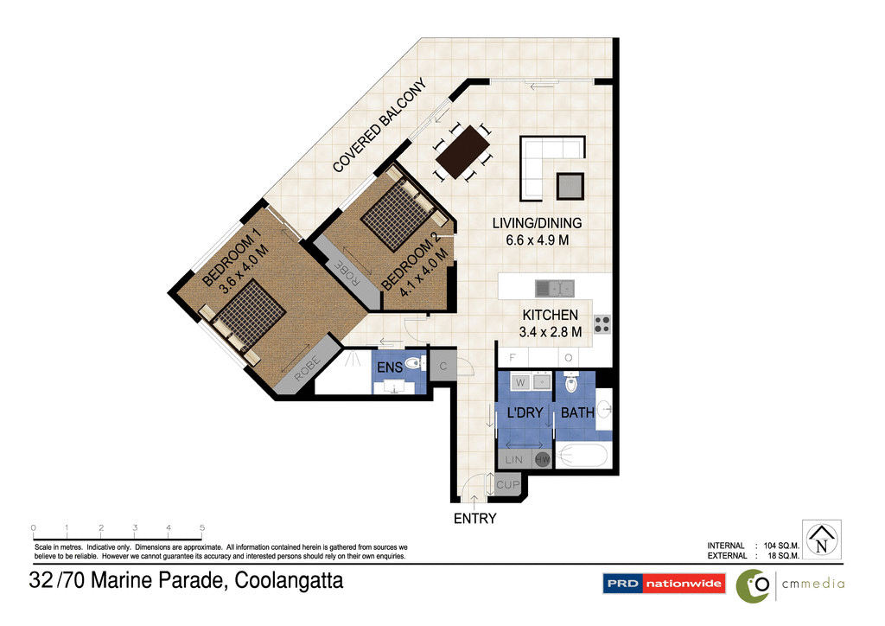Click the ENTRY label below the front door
point(474,519)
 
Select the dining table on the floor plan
point(462,153)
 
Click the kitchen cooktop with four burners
point(602,324)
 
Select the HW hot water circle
point(543,461)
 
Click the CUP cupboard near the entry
point(507,485)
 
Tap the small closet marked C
point(442,365)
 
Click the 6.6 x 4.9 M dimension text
point(537,240)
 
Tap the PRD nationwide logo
point(663,584)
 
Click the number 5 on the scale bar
point(201,527)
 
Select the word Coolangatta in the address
point(290,581)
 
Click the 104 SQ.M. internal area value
point(779,546)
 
